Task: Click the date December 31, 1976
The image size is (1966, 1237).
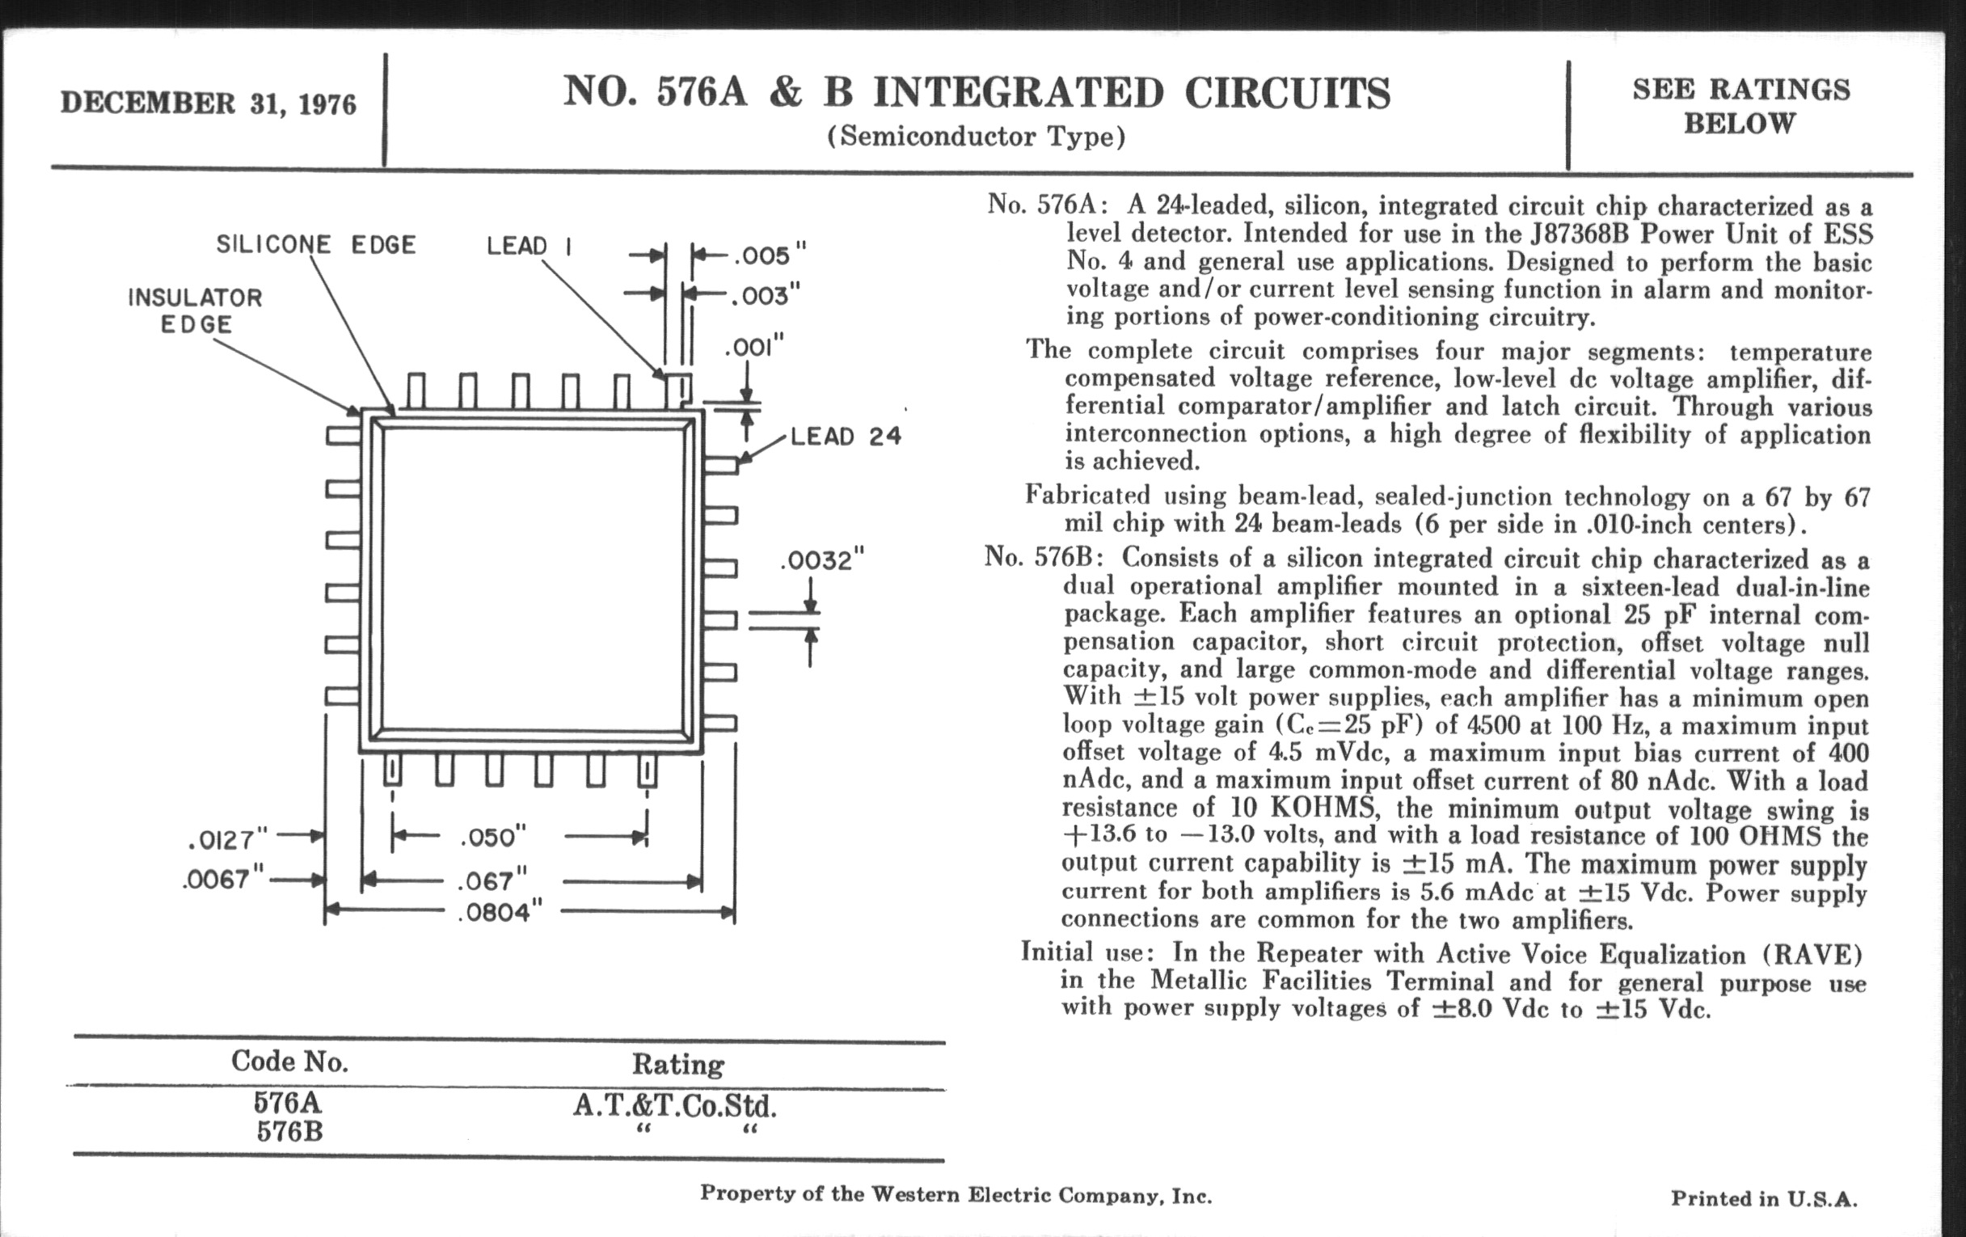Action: [209, 103]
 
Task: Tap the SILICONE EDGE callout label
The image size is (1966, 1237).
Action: [316, 244]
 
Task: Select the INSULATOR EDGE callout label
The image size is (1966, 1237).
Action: [195, 310]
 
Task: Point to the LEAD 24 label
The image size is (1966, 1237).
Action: [845, 437]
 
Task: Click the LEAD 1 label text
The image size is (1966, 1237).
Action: [528, 246]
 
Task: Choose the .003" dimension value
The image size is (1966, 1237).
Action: [765, 295]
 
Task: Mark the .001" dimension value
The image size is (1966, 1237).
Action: [753, 348]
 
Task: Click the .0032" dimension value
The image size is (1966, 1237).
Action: [821, 561]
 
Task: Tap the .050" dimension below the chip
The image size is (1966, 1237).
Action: [493, 838]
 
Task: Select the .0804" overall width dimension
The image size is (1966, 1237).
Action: [500, 912]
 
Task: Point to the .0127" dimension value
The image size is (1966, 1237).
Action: [228, 838]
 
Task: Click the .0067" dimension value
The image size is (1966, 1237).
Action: [224, 880]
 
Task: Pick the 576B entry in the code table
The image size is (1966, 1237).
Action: [289, 1132]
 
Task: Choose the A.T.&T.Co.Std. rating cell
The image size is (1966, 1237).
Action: [674, 1106]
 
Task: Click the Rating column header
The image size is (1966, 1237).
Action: [677, 1064]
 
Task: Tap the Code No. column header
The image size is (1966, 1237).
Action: [289, 1061]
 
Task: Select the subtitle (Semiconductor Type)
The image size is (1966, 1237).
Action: [976, 137]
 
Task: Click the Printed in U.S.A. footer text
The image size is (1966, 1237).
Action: [1764, 1199]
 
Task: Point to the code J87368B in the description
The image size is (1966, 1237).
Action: [1579, 234]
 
